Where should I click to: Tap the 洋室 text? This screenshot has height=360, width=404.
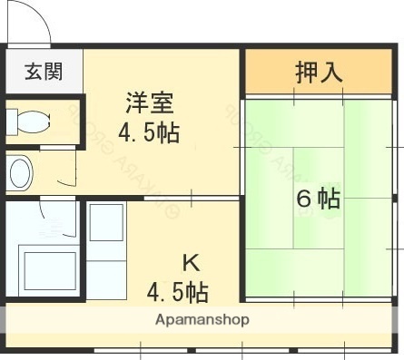click(x=149, y=102)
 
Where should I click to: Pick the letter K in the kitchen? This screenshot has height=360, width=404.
click(x=191, y=264)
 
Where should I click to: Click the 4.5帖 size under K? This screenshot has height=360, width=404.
click(x=179, y=292)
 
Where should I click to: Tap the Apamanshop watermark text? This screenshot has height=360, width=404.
click(x=202, y=319)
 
